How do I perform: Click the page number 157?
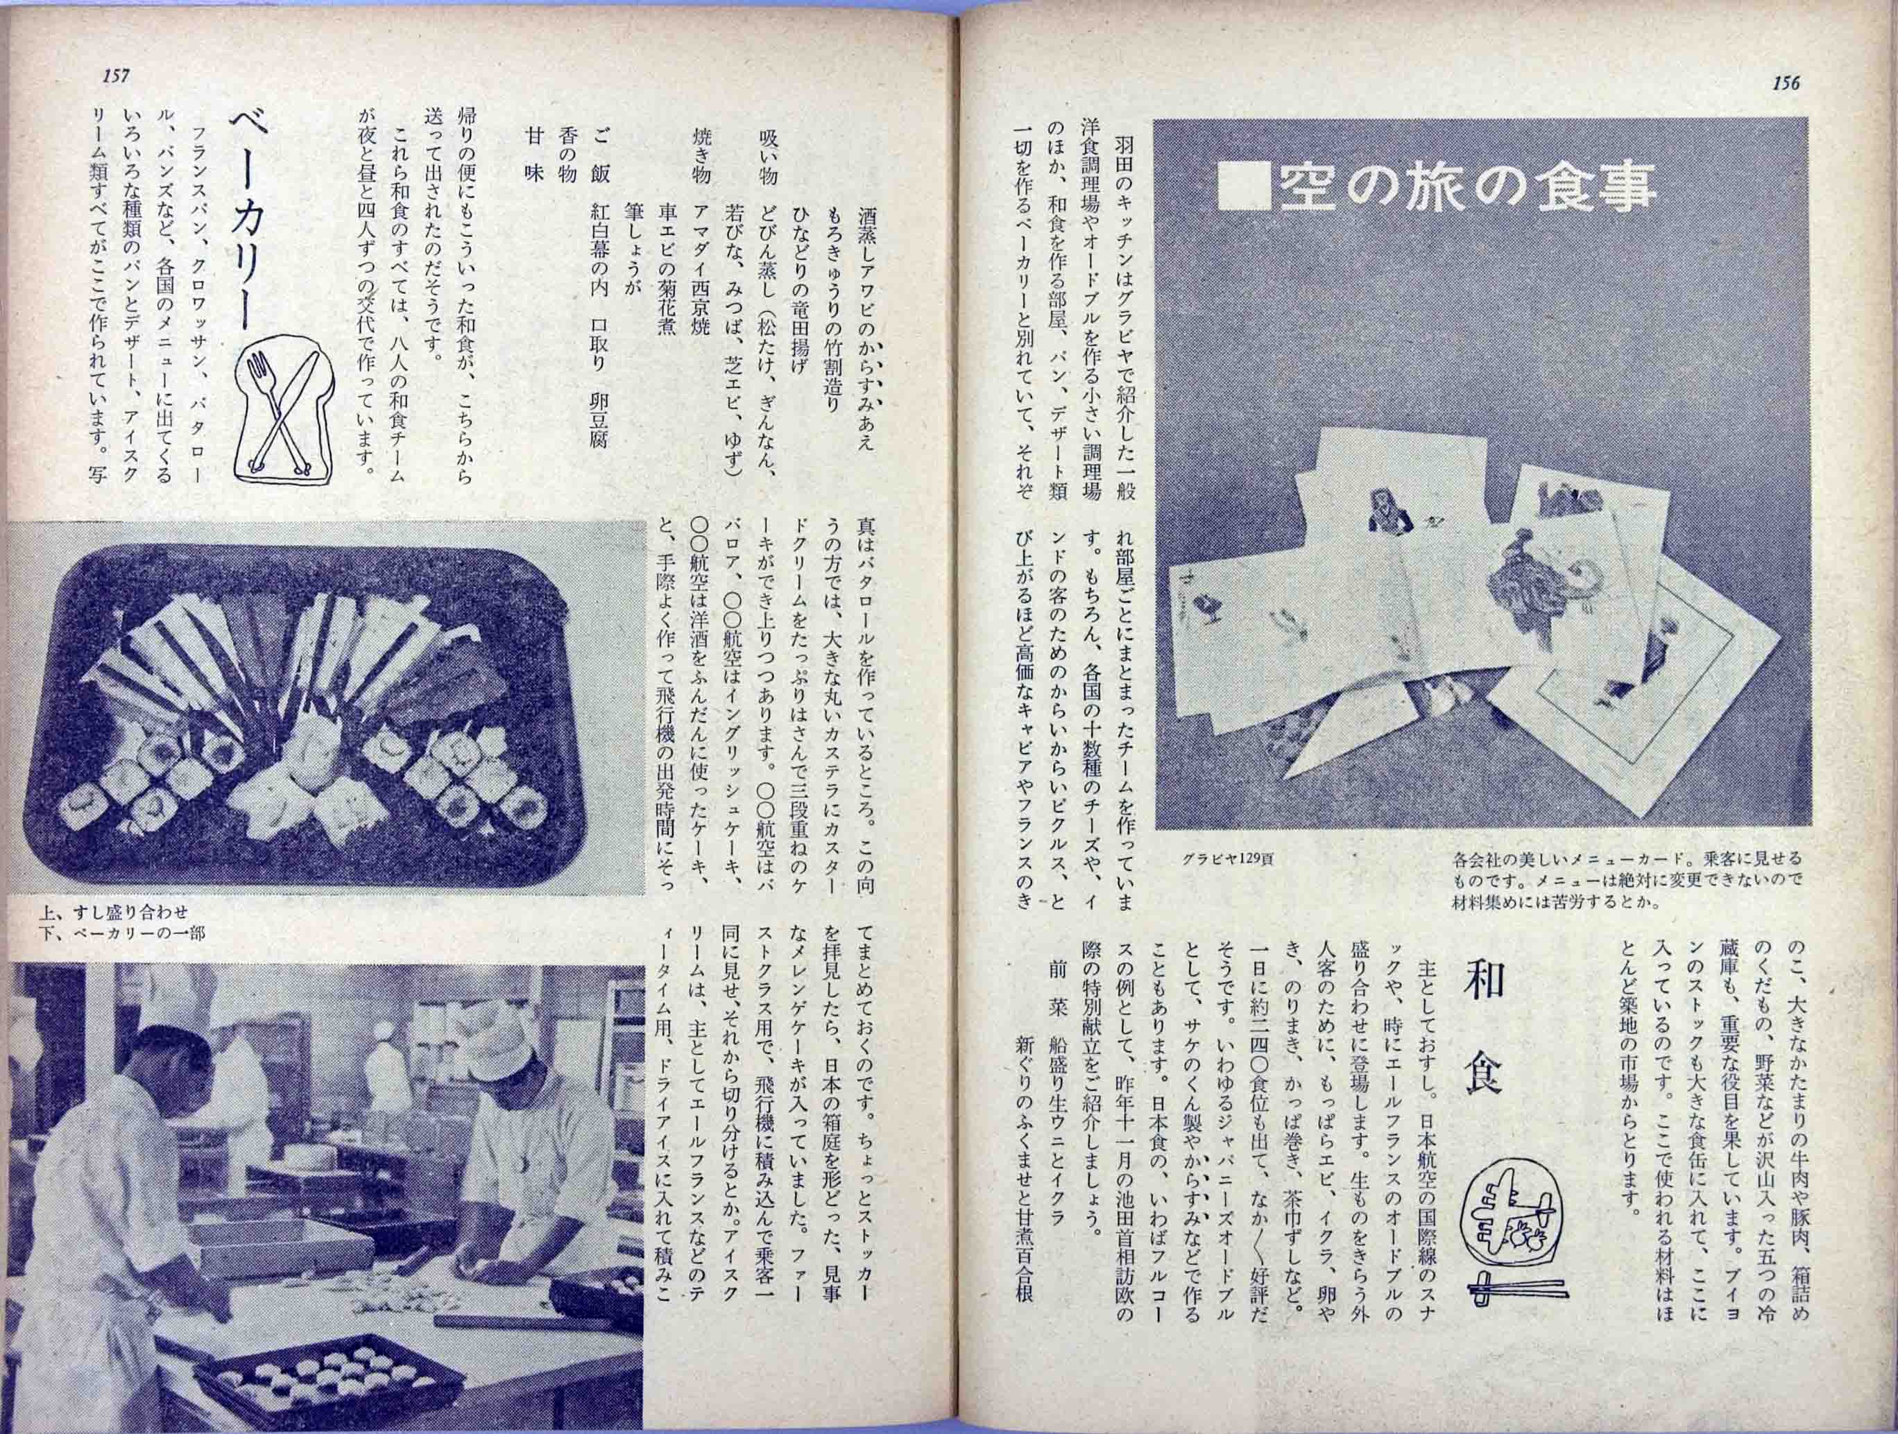[x=114, y=76]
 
